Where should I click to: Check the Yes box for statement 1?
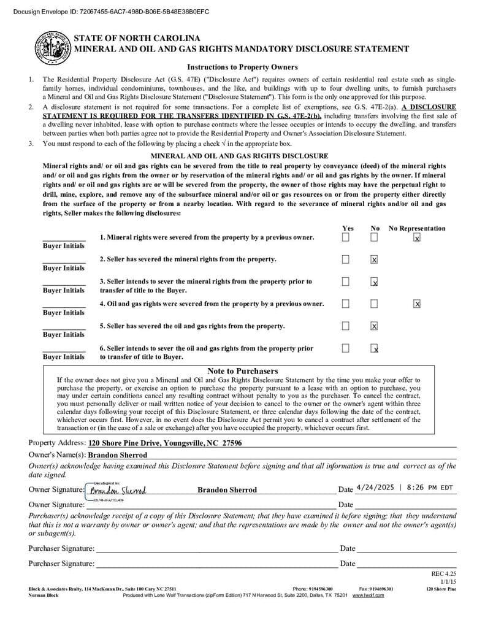click(x=346, y=237)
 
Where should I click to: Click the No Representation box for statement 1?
click(x=417, y=237)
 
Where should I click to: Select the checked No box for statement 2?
click(x=374, y=259)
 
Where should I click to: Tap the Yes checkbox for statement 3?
click(x=346, y=281)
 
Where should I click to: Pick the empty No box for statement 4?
click(x=374, y=304)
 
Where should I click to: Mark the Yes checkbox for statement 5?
click(x=346, y=326)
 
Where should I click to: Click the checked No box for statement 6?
click(x=374, y=348)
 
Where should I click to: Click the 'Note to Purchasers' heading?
click(x=242, y=371)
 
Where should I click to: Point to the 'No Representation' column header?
click(x=417, y=228)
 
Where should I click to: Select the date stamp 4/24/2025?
click(x=375, y=488)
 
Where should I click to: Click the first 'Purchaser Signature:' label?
click(x=61, y=548)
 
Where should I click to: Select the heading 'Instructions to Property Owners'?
click(x=242, y=67)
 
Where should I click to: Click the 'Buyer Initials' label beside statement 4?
click(x=64, y=313)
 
